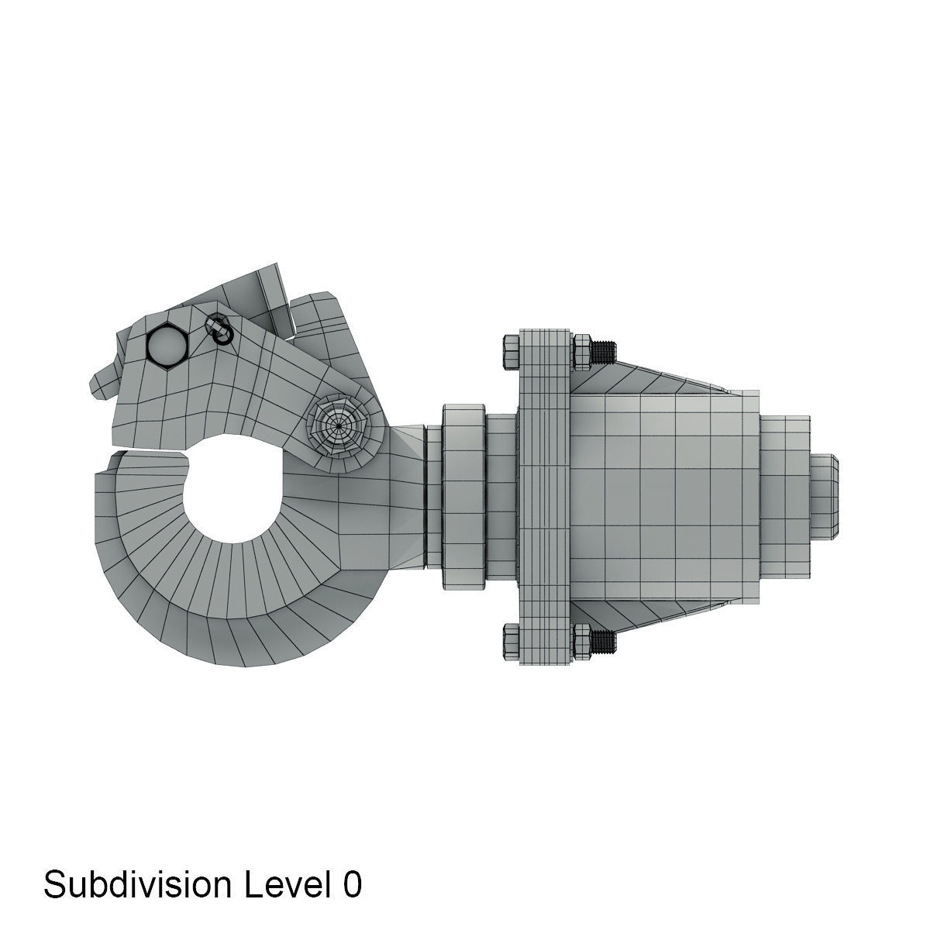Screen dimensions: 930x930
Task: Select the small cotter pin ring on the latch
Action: pyautogui.click(x=221, y=331)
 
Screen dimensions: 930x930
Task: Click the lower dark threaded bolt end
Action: pyautogui.click(x=605, y=639)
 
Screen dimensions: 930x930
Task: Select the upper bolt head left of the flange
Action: pyautogui.click(x=512, y=351)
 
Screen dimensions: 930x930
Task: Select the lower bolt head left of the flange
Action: pyautogui.click(x=512, y=640)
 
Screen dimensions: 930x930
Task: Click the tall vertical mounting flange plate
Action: pyautogui.click(x=546, y=496)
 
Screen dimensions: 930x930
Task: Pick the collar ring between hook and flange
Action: pyautogui.click(x=463, y=496)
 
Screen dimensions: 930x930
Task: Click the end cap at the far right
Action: pyautogui.click(x=826, y=496)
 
